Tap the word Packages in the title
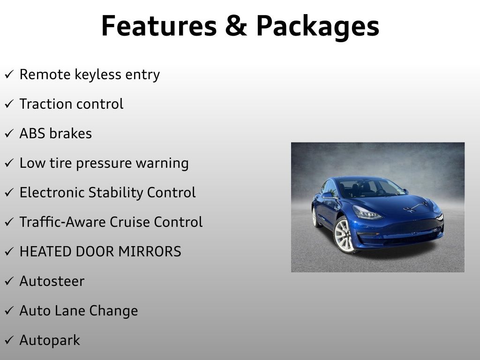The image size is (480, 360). click(317, 27)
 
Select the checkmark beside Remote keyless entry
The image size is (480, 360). click(9, 75)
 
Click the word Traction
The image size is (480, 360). click(43, 104)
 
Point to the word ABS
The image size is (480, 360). click(33, 134)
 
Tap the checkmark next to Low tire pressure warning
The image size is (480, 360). click(9, 164)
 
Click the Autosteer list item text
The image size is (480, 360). click(52, 281)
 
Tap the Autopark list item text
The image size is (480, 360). click(49, 341)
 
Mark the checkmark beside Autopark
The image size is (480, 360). click(9, 341)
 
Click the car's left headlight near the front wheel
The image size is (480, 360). click(367, 214)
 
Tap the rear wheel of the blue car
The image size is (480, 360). click(315, 217)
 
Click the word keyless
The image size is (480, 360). click(97, 75)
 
